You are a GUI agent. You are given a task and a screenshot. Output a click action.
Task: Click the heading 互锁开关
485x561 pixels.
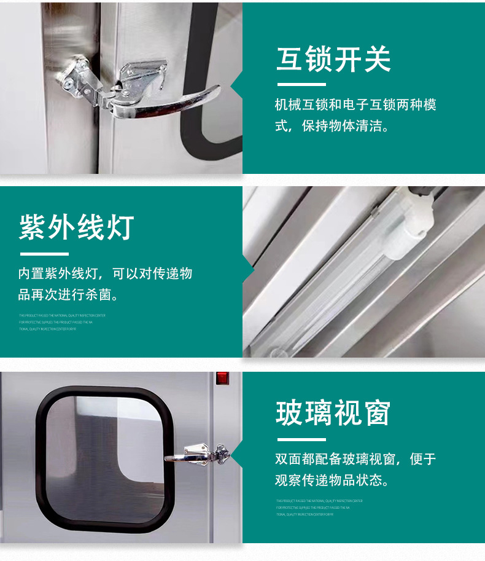pos(333,60)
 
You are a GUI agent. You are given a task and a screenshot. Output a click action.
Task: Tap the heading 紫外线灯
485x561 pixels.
pos(76,227)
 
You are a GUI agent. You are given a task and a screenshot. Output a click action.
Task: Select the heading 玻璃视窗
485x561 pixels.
pos(333,413)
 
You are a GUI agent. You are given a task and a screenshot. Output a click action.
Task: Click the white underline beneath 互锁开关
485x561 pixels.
pos(301,84)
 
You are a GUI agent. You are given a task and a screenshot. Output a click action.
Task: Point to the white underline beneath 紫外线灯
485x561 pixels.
pos(44,253)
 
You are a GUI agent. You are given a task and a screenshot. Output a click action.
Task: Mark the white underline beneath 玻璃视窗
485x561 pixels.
pos(301,439)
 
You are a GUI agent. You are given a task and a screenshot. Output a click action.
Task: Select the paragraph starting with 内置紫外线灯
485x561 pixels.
pos(105,284)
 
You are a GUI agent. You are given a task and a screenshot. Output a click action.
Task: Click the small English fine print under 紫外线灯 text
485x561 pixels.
pos(61,322)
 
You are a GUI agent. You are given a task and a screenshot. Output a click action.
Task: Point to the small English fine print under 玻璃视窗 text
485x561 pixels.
pos(319,508)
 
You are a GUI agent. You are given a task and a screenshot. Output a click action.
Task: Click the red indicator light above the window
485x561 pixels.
pos(222,379)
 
